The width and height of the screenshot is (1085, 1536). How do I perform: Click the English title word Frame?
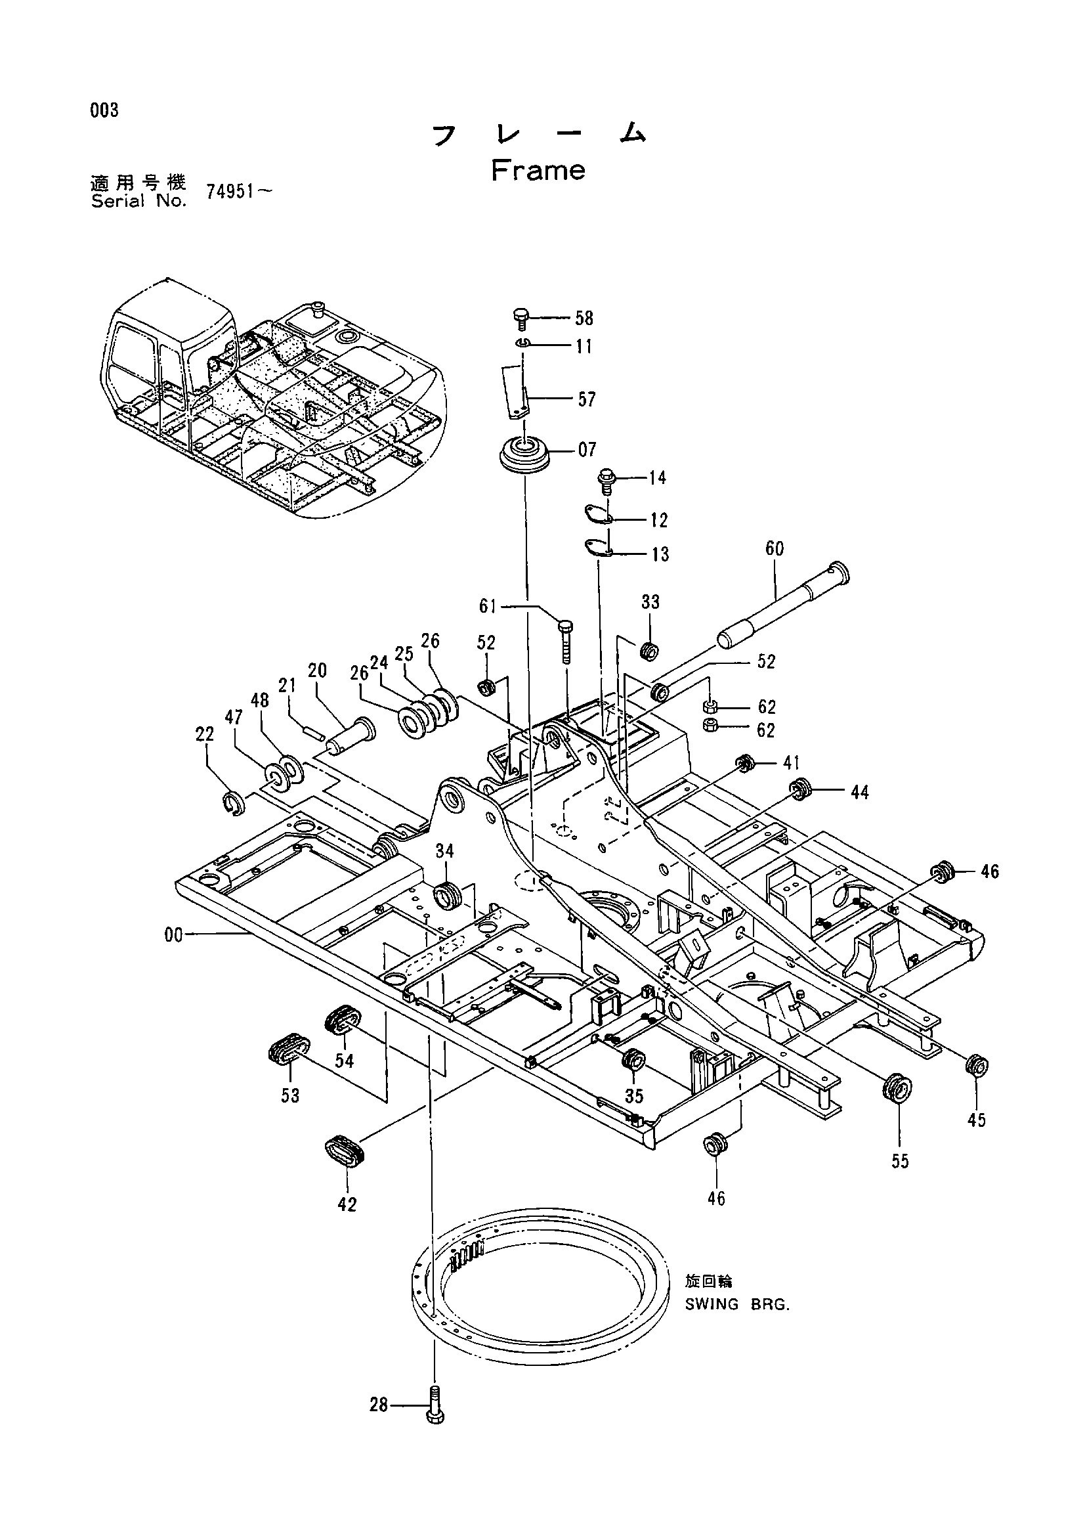[538, 171]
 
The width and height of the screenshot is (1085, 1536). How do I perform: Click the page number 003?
[105, 110]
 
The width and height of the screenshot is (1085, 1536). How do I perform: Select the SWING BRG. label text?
[736, 1305]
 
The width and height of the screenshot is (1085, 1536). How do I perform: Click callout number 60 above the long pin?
[774, 548]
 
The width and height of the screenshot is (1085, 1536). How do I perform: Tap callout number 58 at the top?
[584, 318]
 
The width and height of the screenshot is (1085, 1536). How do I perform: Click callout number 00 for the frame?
[174, 935]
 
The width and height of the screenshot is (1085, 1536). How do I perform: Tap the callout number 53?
[290, 1096]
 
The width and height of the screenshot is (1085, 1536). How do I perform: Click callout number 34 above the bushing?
[444, 850]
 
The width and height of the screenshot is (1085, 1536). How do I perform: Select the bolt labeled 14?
[608, 481]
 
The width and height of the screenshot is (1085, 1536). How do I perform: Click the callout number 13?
[659, 555]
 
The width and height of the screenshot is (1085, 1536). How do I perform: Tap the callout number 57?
[586, 399]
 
